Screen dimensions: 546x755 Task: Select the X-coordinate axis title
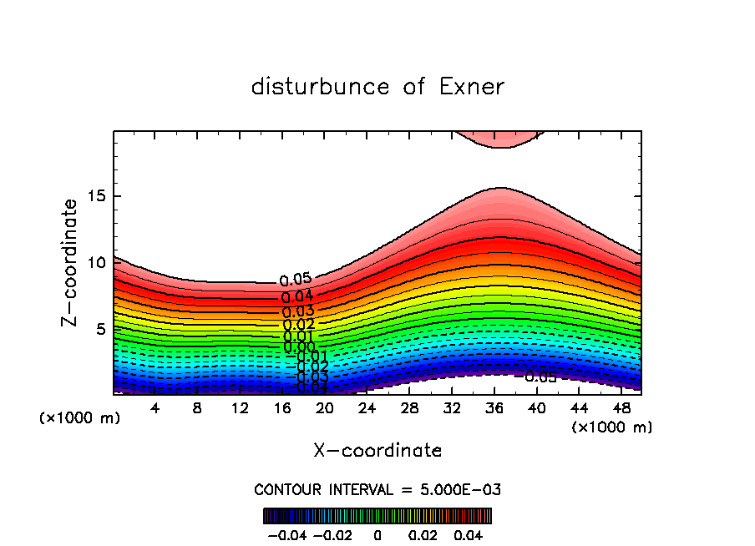click(377, 451)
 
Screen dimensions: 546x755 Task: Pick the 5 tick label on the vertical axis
click(98, 329)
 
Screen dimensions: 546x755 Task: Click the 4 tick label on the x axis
click(155, 408)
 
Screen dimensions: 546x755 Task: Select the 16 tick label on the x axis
click(281, 408)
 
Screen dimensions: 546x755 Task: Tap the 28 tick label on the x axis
click(408, 408)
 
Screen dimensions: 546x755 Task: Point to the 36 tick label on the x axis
click(494, 408)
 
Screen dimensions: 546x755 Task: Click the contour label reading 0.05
click(295, 280)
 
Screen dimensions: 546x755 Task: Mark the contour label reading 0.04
click(297, 296)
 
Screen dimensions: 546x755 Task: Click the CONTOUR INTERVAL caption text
click(377, 489)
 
